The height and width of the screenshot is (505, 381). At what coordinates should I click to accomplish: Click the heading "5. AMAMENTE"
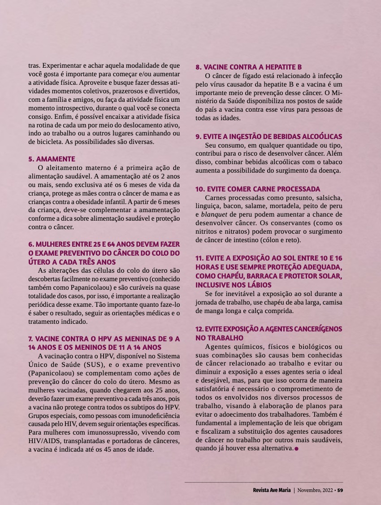click(52, 159)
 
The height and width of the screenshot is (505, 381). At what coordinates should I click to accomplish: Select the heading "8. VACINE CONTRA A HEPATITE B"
click(248, 67)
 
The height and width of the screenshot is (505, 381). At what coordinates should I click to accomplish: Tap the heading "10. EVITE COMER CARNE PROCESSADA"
click(258, 189)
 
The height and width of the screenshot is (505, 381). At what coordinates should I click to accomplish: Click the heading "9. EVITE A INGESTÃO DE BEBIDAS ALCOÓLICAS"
click(269, 136)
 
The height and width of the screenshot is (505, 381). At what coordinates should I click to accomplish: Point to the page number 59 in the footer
click(340, 490)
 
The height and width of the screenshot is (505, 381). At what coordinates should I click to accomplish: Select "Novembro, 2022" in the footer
click(316, 490)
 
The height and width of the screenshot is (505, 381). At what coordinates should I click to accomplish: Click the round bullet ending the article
click(296, 448)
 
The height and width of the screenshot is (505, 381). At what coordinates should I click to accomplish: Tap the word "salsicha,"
click(328, 197)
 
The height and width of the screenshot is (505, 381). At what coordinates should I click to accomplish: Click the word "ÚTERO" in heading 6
click(40, 261)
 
